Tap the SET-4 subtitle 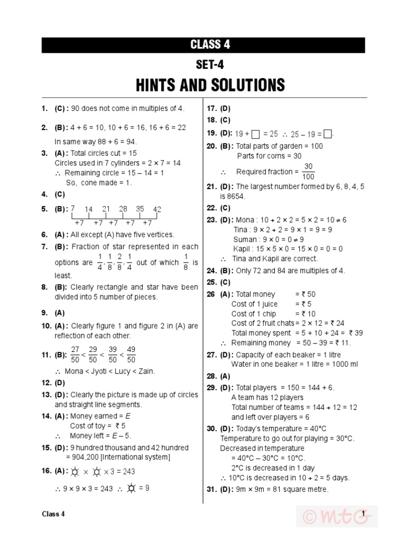[x=210, y=65]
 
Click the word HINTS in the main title [x=156, y=85]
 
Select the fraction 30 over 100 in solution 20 [x=308, y=171]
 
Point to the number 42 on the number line [x=157, y=209]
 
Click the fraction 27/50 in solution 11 [x=75, y=355]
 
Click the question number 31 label [x=211, y=489]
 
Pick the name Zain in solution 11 [x=146, y=371]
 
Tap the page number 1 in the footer [x=364, y=514]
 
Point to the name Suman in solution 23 [x=245, y=239]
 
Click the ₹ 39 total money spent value [x=356, y=333]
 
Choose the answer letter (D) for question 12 [x=60, y=383]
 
